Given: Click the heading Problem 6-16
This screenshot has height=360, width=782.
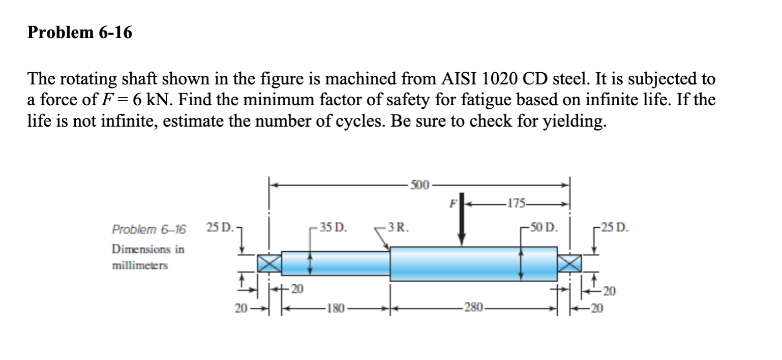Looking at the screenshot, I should (80, 33).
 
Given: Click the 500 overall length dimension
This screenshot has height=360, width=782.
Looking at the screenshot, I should (419, 184).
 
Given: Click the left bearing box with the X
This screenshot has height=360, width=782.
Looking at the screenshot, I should (268, 263).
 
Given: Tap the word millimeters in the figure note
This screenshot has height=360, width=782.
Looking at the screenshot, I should (140, 266).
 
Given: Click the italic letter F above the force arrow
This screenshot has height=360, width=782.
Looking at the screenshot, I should (450, 204).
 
